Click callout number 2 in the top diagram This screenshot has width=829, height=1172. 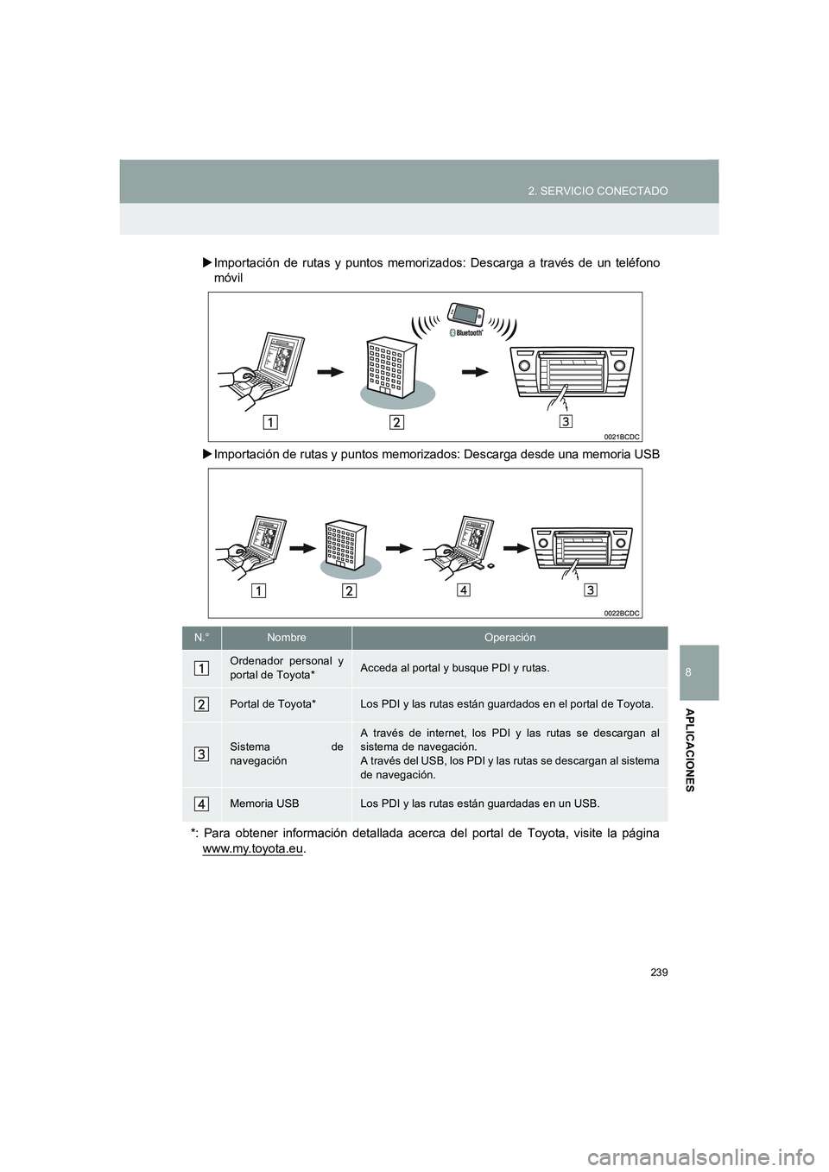[397, 422]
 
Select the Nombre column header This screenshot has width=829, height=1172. [287, 638]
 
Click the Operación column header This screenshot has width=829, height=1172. [509, 638]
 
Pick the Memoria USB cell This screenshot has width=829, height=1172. [264, 803]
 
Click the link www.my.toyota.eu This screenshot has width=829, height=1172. [252, 849]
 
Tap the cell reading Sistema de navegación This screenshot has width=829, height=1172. [286, 753]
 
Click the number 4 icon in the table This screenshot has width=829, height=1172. [200, 803]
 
